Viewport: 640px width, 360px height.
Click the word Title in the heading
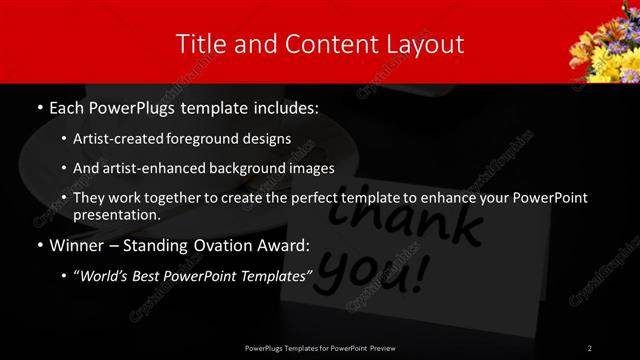[200, 44]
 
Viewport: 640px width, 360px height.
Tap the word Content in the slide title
[322, 44]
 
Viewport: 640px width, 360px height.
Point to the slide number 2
[590, 347]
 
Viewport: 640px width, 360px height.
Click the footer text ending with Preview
[319, 347]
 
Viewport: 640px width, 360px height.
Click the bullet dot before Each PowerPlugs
[39, 106]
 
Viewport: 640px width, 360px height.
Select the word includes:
[287, 106]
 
